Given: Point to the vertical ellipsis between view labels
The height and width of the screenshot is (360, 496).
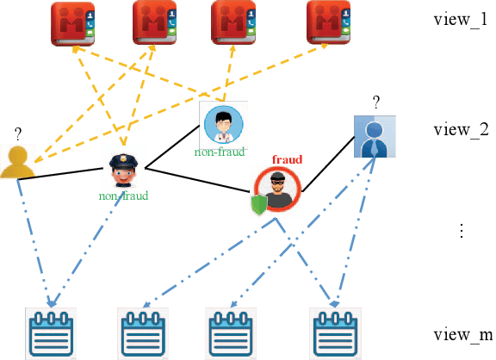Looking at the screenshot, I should click(x=462, y=231).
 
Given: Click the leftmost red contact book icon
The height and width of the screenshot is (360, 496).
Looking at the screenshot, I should click(x=73, y=23).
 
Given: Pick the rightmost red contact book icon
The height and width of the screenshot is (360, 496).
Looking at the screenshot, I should click(x=329, y=23).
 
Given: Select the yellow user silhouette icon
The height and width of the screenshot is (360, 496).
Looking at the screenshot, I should click(x=17, y=163).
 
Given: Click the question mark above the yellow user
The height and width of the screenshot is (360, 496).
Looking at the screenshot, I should click(x=17, y=134).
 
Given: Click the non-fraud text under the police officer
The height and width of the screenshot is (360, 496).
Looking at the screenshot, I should click(x=123, y=196).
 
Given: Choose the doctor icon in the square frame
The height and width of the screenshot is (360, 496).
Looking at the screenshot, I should click(x=222, y=123).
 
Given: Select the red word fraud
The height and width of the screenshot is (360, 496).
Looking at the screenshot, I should click(x=287, y=159).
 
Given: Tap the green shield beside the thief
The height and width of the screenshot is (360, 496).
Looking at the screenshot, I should click(x=258, y=205).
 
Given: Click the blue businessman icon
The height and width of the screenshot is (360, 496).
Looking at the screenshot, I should click(x=375, y=137).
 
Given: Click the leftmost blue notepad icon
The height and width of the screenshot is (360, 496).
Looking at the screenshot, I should click(x=52, y=332).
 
